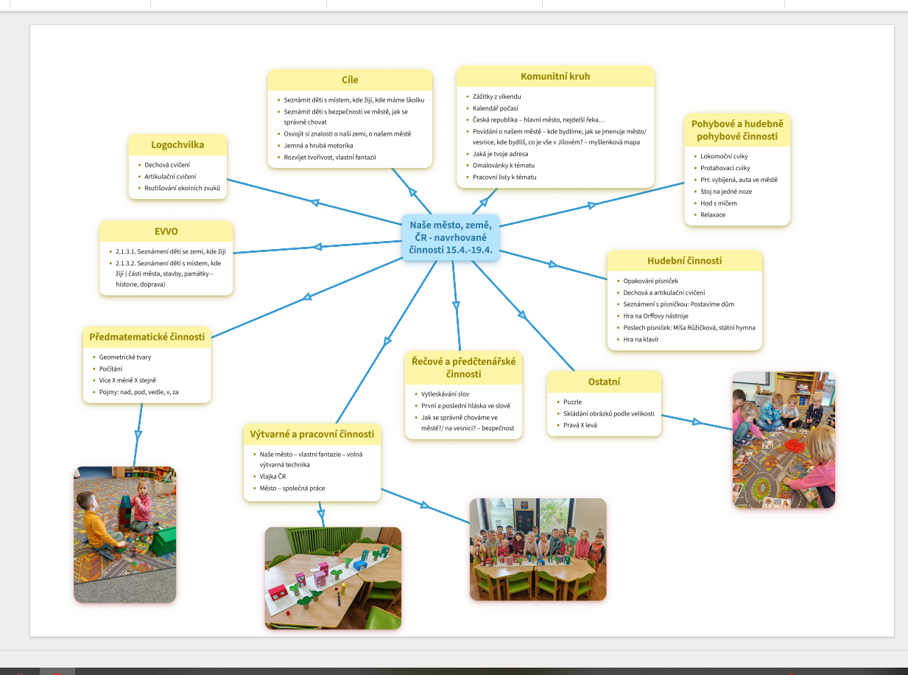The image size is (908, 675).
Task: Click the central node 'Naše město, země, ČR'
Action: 451,237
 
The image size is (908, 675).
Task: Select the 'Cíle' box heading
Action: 350,80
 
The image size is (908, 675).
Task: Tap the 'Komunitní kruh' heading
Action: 555,77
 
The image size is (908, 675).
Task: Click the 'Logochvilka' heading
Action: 177,145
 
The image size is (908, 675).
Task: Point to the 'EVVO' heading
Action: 166,231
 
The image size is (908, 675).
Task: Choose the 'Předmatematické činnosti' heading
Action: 147,337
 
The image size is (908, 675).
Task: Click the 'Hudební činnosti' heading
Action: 684,261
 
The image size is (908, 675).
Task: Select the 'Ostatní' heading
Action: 604,382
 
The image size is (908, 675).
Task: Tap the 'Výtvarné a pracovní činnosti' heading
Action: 312,434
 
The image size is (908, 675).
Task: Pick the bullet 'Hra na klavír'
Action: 641,340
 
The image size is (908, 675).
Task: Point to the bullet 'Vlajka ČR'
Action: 272,477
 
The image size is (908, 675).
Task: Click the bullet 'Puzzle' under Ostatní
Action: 572,402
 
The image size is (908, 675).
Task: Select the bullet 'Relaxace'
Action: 713,215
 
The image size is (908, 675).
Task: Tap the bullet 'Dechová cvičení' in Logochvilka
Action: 167,165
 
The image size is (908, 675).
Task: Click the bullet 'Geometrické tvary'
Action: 124,357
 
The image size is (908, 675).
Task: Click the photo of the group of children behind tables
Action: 538,549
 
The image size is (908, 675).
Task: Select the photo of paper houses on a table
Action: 333,578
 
